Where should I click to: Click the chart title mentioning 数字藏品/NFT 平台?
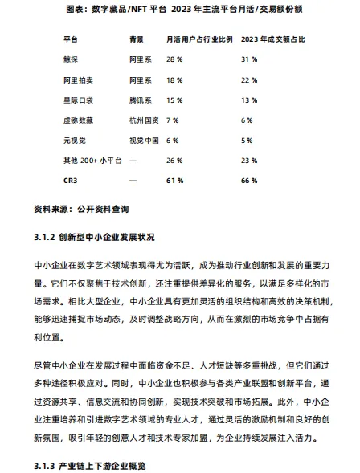coord(180,10)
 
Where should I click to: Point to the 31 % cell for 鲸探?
coord(248,59)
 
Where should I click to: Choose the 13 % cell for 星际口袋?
coord(248,100)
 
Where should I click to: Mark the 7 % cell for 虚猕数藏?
coord(172,120)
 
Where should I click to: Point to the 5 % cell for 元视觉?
coord(247,140)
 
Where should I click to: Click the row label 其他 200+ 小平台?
coord(92,161)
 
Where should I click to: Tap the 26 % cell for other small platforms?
coord(174,161)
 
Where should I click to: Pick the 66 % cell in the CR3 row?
coord(248,181)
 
